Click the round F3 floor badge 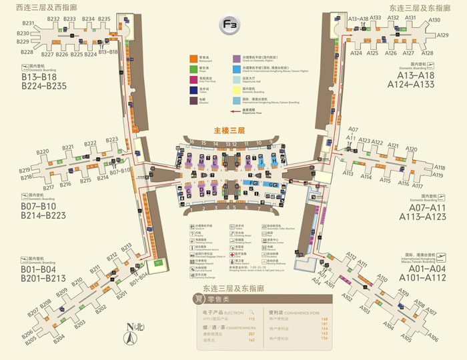(230, 25)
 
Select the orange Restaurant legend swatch (193, 59)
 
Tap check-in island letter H (275, 161)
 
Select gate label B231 (27, 23)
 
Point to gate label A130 (434, 20)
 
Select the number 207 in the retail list (252, 333)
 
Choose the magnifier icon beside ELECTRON (252, 311)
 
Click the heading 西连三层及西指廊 (42, 7)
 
